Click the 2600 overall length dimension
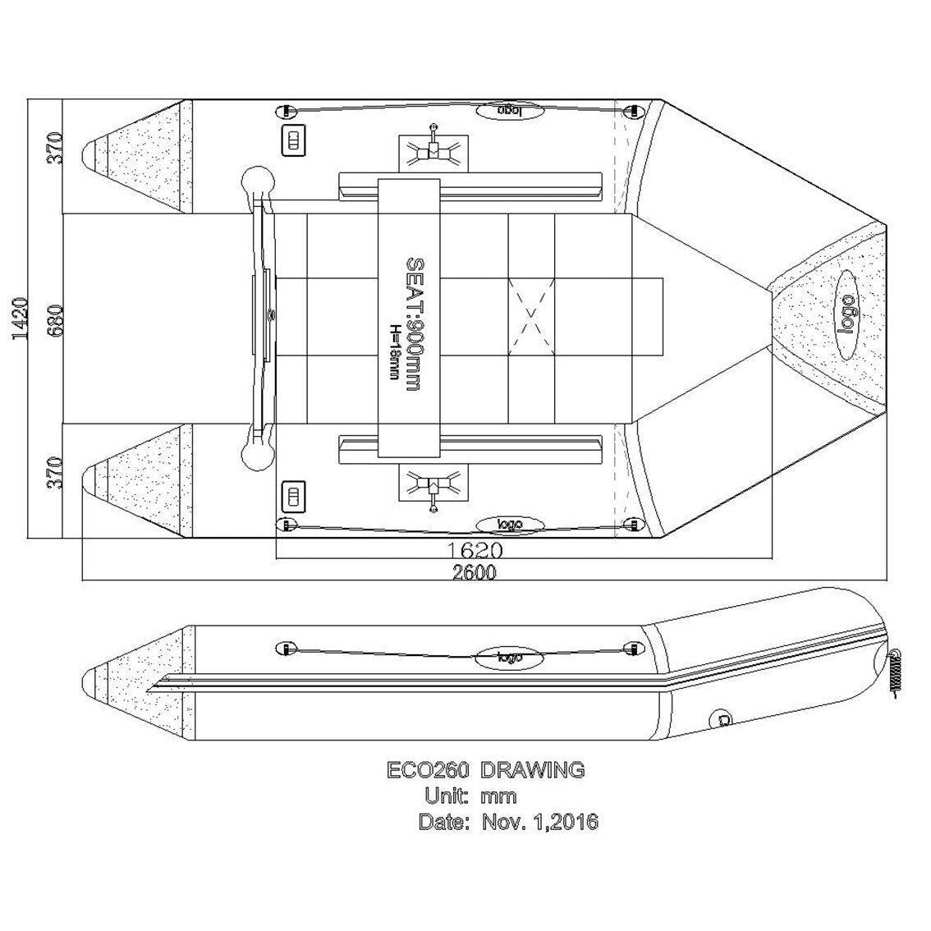[474, 573]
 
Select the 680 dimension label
[54, 319]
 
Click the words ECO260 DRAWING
[485, 770]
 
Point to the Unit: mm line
[470, 796]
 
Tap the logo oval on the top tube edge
[509, 109]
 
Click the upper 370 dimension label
[54, 148]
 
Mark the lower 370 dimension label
[54, 474]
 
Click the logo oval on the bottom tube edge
[509, 525]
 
